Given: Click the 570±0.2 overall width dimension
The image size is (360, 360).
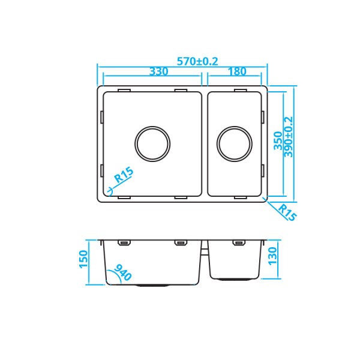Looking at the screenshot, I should (x=197, y=61).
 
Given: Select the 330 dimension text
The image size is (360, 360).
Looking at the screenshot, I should (x=158, y=71).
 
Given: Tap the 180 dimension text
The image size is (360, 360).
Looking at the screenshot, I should (x=237, y=71).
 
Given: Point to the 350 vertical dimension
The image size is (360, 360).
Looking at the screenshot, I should (x=278, y=141).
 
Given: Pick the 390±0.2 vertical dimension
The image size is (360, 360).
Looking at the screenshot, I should (x=289, y=137).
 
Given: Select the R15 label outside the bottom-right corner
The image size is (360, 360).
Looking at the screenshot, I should (x=286, y=212).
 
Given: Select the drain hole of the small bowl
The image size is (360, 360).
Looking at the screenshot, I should (x=234, y=144).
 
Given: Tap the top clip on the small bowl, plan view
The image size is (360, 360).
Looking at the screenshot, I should (x=239, y=90).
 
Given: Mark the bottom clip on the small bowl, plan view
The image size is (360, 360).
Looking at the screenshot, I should (x=239, y=197).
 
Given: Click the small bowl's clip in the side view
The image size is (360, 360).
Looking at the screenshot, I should (x=239, y=243).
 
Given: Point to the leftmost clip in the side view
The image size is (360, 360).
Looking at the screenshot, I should (x=124, y=243).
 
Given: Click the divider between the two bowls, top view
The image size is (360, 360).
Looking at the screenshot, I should (x=205, y=144).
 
